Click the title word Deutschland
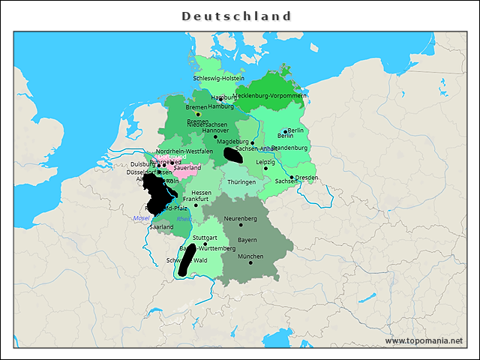pyautogui.click(x=236, y=16)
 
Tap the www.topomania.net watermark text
pyautogui.click(x=424, y=341)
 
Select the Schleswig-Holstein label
pyautogui.click(x=218, y=78)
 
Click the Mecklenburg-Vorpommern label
pyautogui.click(x=271, y=96)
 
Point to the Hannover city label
pyautogui.click(x=215, y=130)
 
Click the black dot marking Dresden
pyautogui.click(x=292, y=178)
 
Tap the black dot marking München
pyautogui.click(x=250, y=263)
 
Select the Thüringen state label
pyautogui.click(x=241, y=182)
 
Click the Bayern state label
pyautogui.click(x=247, y=240)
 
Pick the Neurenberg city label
pyautogui.click(x=241, y=218)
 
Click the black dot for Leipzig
pyautogui.click(x=265, y=168)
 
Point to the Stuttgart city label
pyautogui.click(x=205, y=238)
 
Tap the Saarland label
pyautogui.click(x=161, y=226)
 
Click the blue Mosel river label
pyautogui.click(x=141, y=218)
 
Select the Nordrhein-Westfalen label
pyautogui.click(x=184, y=151)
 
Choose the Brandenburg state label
pyautogui.click(x=289, y=148)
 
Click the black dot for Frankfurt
pyautogui.click(x=196, y=205)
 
